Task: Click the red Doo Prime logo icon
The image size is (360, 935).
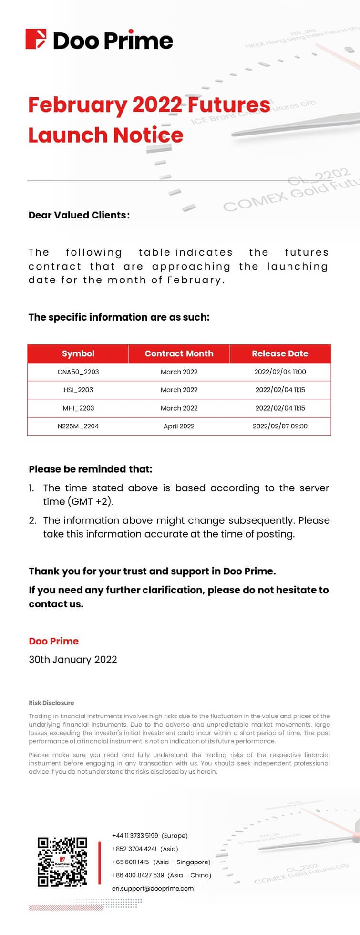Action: [x=36, y=39]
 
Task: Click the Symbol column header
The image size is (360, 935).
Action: [x=78, y=353]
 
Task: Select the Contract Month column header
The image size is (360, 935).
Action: [x=179, y=353]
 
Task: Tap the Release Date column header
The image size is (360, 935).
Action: [x=280, y=353]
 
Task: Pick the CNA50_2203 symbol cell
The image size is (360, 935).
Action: [x=78, y=372]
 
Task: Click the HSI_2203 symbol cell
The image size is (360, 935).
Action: [x=78, y=390]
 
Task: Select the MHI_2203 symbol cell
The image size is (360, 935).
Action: [x=78, y=408]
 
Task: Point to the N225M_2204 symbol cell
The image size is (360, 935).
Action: [x=78, y=426]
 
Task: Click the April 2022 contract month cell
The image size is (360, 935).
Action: [x=179, y=426]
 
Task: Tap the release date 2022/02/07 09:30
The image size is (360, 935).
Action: [x=280, y=426]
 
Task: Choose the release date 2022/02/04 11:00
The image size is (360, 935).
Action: [x=280, y=372]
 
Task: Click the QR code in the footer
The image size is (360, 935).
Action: [x=62, y=862]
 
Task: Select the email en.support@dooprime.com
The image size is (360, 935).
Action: [x=153, y=888]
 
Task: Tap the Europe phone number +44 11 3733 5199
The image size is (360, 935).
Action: [x=135, y=835]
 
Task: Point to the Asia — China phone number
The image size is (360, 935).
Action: [x=138, y=875]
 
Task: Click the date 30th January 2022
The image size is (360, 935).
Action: [x=73, y=659]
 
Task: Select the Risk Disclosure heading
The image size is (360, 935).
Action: [x=51, y=703]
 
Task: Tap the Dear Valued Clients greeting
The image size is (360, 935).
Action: [x=79, y=215]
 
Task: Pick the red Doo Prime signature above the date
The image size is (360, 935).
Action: [x=53, y=641]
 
